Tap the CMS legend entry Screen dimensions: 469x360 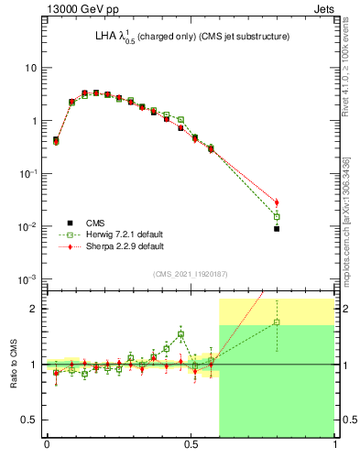[93, 223]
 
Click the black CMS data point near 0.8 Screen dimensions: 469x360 [277, 229]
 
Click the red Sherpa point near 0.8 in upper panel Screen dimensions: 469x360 [277, 202]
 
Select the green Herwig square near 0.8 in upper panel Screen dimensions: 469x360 [277, 216]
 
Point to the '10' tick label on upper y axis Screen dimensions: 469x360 [30, 69]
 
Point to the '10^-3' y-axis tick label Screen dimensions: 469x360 [27, 278]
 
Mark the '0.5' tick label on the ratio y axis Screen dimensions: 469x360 [28, 420]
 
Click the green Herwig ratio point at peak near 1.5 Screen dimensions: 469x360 [180, 334]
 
